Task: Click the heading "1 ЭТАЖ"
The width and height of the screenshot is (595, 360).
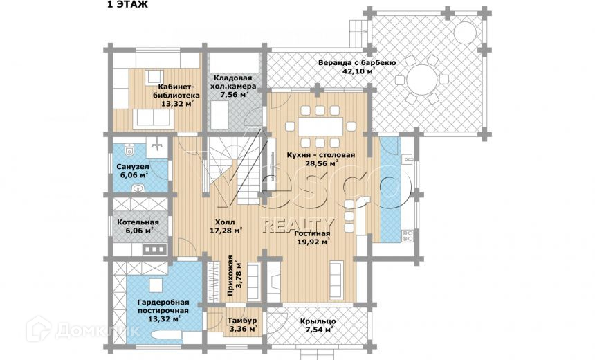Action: click(x=127, y=5)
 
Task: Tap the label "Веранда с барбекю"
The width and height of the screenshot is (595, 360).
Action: click(x=356, y=62)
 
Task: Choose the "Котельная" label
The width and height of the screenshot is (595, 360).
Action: click(x=138, y=222)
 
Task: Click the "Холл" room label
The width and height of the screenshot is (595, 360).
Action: click(x=223, y=222)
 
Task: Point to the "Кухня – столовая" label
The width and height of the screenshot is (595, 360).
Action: click(x=320, y=155)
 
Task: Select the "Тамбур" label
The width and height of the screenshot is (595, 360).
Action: click(x=243, y=321)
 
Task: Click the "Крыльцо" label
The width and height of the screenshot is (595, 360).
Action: click(x=318, y=321)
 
